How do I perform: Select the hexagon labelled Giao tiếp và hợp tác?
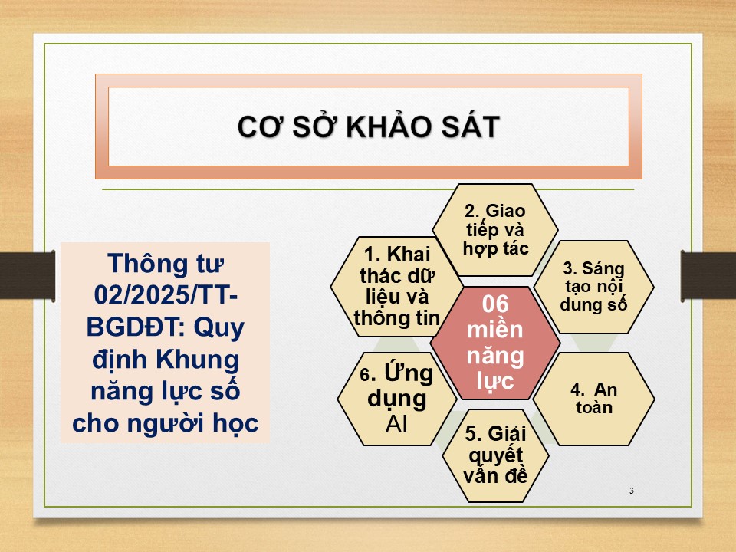[495, 229]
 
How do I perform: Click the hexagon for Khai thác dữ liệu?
[396, 286]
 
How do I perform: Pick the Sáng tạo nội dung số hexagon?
[593, 287]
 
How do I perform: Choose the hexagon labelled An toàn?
[593, 399]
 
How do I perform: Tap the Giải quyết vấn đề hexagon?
[496, 455]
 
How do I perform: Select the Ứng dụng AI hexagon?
[396, 399]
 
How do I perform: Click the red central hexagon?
[495, 343]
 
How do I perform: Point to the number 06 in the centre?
[495, 304]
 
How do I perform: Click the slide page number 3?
[631, 491]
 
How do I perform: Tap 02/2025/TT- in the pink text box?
[166, 295]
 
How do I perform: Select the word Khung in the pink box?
[198, 360]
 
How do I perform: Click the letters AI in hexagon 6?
[396, 424]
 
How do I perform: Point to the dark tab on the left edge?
[28, 275]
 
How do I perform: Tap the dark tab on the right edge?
[708, 275]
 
